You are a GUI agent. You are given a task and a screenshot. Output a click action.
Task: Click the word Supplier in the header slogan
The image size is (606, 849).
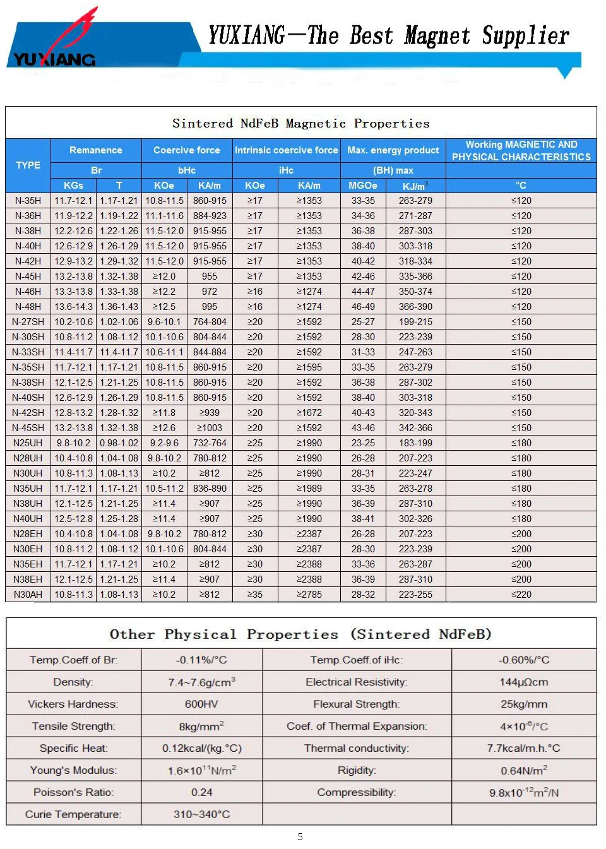[525, 36]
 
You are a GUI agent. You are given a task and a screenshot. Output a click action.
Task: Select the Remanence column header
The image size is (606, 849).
[96, 150]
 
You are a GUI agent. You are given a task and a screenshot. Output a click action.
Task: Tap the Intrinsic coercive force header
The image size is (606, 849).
[286, 150]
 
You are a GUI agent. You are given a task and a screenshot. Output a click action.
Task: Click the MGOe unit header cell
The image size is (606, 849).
[363, 186]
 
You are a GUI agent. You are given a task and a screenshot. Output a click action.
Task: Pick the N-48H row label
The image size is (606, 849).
[28, 307]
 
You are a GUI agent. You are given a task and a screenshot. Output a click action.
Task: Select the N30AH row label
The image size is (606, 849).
[28, 595]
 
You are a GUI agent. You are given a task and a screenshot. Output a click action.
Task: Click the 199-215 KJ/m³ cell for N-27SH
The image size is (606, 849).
[415, 322]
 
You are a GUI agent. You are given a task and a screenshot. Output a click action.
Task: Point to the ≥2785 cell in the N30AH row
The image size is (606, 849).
[309, 595]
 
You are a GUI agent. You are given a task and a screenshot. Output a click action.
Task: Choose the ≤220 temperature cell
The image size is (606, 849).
[521, 595]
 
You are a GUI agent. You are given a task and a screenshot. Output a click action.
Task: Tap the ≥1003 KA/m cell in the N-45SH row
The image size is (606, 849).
[210, 428]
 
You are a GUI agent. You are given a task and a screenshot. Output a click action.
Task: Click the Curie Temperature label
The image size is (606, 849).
[73, 814]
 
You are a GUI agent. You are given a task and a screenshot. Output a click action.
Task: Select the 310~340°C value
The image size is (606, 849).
[202, 814]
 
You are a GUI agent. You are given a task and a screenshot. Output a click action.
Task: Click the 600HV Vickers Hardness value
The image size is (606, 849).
[202, 704]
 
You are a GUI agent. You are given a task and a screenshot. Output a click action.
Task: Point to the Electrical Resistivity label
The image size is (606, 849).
[357, 682]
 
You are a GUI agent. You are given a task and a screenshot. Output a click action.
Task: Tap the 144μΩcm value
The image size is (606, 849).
[524, 682]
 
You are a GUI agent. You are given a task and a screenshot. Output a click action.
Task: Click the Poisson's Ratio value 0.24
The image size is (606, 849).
[202, 792]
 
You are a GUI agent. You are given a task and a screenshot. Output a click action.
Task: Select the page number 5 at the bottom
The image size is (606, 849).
[300, 837]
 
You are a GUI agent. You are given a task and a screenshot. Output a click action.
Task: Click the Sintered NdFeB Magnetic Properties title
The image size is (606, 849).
[301, 123]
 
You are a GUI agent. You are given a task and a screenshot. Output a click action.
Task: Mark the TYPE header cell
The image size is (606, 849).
[28, 165]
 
